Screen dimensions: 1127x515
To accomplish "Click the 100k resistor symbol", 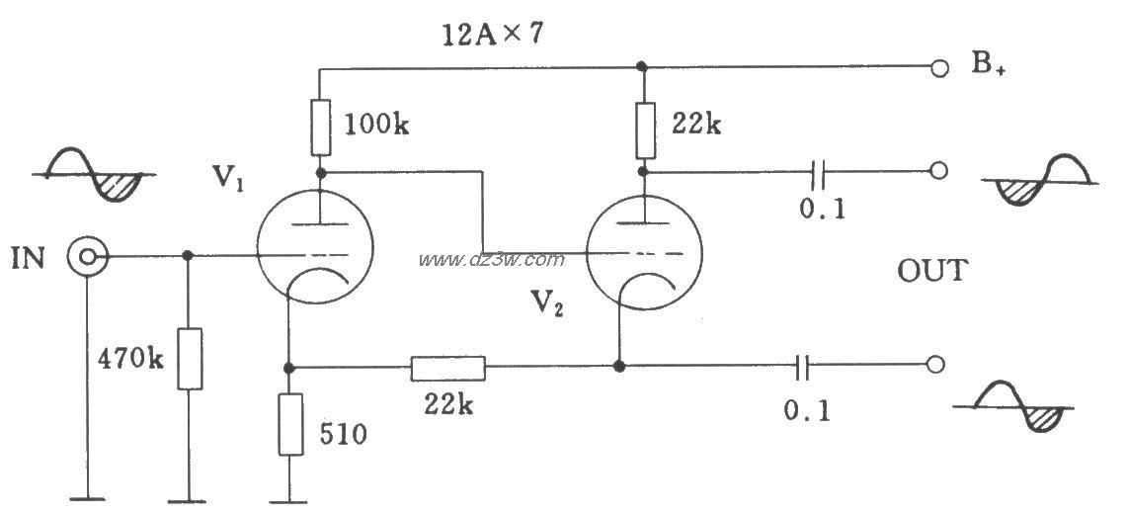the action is click(x=322, y=129).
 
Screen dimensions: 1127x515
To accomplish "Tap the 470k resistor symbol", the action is click(x=190, y=358).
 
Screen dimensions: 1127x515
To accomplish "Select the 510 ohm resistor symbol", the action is click(x=290, y=424).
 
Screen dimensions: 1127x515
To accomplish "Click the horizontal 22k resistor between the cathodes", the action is click(x=447, y=368).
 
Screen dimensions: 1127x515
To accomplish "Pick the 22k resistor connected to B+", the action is click(x=645, y=130).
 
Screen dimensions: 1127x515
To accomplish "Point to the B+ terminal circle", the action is click(x=938, y=68).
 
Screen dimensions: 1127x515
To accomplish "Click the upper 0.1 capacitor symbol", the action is click(x=818, y=171).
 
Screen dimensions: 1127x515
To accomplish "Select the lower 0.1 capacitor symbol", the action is click(x=804, y=367).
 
